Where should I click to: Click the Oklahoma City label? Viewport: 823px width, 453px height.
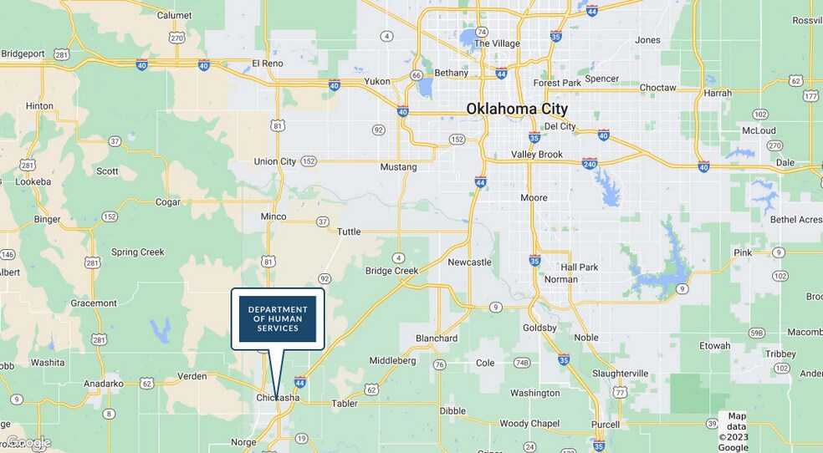click(517, 109)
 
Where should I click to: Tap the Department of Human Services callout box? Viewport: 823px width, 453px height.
click(278, 318)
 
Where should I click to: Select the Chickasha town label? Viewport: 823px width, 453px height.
click(278, 398)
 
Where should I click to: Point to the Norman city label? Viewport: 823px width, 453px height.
click(560, 279)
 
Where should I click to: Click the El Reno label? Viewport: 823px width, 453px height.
click(268, 64)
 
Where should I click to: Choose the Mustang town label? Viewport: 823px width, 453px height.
click(398, 167)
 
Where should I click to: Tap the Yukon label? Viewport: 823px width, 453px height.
click(377, 82)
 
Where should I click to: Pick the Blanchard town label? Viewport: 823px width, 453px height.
click(437, 338)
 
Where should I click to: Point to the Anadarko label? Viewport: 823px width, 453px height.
click(103, 384)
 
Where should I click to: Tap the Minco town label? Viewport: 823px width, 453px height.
click(273, 216)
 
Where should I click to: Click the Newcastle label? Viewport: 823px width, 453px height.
click(469, 262)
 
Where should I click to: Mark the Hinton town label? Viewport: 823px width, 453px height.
click(39, 106)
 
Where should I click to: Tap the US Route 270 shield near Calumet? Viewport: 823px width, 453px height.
click(176, 38)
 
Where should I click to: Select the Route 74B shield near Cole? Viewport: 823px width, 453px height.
click(523, 363)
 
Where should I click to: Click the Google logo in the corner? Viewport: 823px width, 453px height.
click(28, 442)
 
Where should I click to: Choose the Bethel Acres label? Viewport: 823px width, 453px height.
click(795, 220)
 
